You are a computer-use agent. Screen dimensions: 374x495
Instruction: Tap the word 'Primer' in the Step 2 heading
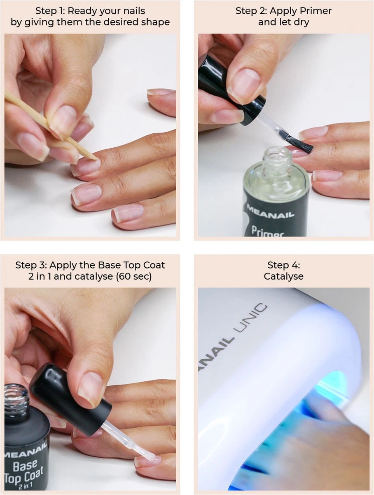tap(316, 11)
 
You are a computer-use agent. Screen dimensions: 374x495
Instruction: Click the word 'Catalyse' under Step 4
tap(283, 276)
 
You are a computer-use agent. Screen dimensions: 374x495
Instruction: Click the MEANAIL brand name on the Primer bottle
tap(270, 212)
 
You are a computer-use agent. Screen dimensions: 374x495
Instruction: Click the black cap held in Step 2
tap(232, 90)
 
